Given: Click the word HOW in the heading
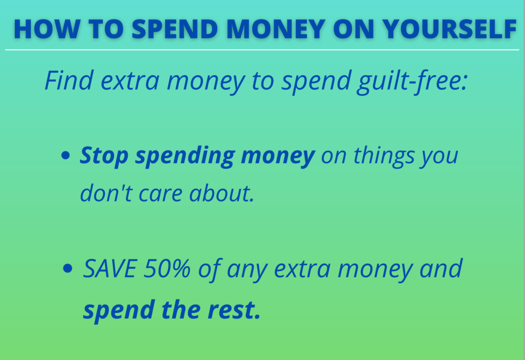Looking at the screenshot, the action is pyautogui.click(x=46, y=29).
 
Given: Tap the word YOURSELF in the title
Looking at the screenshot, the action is pyautogui.click(x=450, y=29).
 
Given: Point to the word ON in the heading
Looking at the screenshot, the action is pyautogui.click(x=354, y=29).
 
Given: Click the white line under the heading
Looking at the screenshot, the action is pyautogui.click(x=262, y=50).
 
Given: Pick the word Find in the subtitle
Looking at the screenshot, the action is pyautogui.click(x=69, y=81).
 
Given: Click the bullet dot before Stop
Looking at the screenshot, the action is pyautogui.click(x=66, y=155).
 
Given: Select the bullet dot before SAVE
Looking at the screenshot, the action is pyautogui.click(x=68, y=268).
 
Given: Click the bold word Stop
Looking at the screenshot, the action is pyautogui.click(x=104, y=156).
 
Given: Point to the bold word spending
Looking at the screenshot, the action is pyautogui.click(x=185, y=157).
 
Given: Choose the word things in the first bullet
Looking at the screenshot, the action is pyautogui.click(x=384, y=156).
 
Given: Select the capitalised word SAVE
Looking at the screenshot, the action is pyautogui.click(x=110, y=269).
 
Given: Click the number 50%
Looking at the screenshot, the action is pyautogui.click(x=167, y=269).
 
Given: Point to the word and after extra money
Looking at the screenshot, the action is pyautogui.click(x=441, y=269).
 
